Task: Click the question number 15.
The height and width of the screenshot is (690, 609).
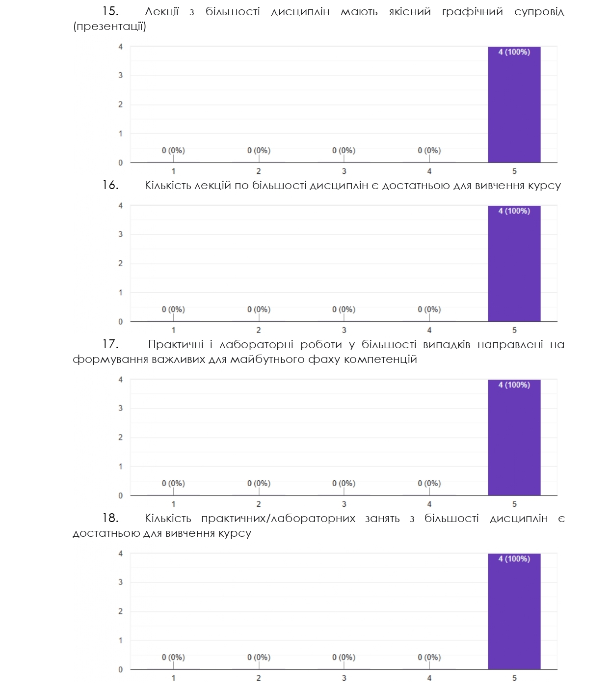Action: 110,12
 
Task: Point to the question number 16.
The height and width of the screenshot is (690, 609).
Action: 110,186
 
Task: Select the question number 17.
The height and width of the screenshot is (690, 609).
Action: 110,345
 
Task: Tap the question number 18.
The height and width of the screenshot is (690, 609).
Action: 110,519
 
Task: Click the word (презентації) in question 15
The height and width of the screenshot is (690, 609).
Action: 109,27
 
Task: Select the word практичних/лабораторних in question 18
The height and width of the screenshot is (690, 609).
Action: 278,519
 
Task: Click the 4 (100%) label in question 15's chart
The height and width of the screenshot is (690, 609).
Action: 514,52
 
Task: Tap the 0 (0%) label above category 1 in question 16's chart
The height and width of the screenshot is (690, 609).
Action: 173,309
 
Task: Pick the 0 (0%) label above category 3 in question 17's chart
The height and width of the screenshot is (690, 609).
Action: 344,483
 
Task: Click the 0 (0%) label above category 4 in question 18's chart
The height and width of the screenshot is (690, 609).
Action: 429,657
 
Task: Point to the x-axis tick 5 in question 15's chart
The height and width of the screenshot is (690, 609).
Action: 514,171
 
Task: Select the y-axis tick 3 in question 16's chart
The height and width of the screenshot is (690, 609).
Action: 121,234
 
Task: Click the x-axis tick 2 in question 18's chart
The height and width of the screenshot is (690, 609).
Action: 259,678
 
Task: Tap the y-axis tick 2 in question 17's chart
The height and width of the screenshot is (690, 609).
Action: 121,437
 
